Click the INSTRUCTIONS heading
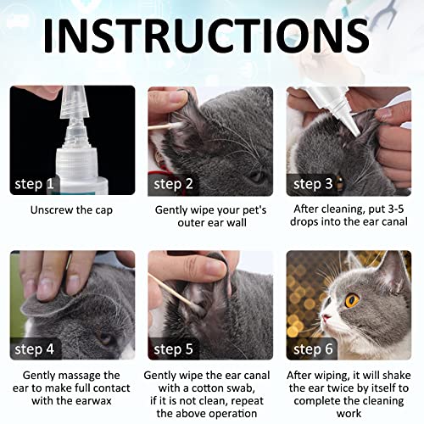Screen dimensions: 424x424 point(207,39)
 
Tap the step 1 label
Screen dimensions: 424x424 point(36,183)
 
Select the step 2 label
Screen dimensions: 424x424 point(175,183)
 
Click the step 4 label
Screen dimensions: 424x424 point(36,348)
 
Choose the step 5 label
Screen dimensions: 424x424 point(175,348)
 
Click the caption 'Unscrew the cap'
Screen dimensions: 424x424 point(70,209)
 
